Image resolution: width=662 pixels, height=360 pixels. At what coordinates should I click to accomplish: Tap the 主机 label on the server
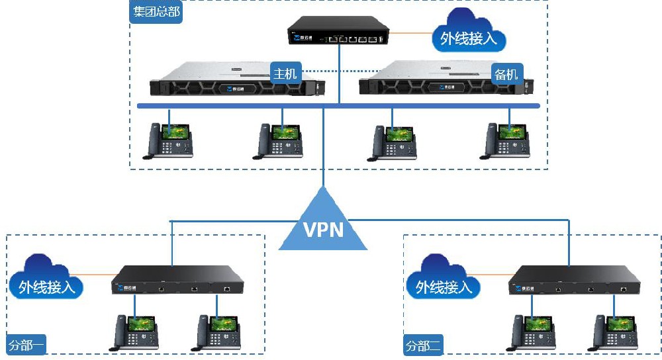(286, 72)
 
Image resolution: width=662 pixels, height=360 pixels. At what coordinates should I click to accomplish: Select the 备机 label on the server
(506, 73)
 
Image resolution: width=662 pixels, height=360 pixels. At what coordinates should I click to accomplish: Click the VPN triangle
(323, 225)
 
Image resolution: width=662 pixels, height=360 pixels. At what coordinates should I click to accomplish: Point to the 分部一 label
(26, 345)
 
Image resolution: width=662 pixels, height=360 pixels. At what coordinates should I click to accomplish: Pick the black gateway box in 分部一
(177, 281)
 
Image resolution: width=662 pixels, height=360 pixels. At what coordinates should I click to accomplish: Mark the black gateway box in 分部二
(573, 281)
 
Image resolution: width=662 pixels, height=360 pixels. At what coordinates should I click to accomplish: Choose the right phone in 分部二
(614, 331)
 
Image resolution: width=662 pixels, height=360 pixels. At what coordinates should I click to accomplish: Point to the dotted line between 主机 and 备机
(331, 71)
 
